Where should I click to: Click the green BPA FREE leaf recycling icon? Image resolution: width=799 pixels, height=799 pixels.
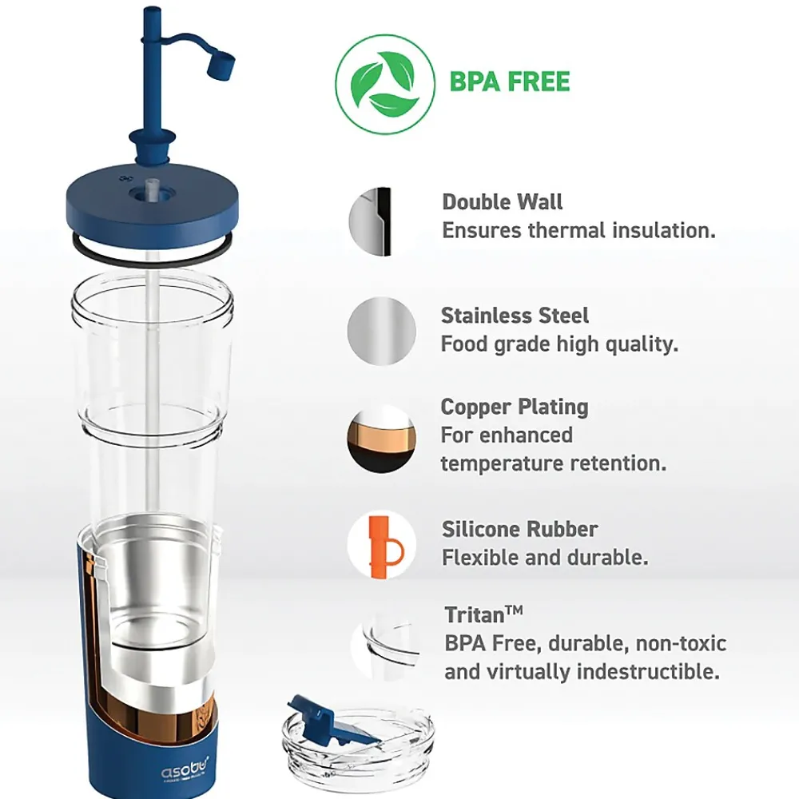coord(385,85)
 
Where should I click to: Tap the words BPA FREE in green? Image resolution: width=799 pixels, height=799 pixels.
coord(510,82)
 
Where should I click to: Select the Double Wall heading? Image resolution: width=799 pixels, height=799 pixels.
coord(502,202)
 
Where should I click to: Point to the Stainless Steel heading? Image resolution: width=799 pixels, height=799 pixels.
coord(515,316)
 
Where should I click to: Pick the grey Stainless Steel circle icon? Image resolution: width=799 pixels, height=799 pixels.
coord(382,332)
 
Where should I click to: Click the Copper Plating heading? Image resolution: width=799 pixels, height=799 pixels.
coord(515,407)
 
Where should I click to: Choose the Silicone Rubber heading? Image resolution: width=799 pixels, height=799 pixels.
coord(520,529)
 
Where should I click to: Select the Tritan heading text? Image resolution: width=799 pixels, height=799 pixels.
coord(483,614)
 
